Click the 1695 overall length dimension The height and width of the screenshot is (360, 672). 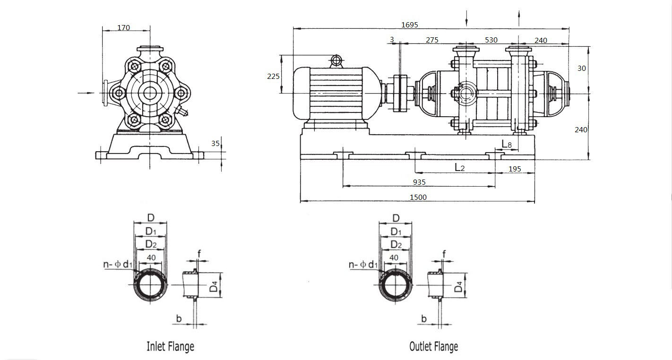click(410, 25)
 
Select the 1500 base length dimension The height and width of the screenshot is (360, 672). click(418, 197)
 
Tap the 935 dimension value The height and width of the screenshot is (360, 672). click(419, 182)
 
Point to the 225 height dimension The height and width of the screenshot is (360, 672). click(273, 77)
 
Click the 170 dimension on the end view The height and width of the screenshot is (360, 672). click(124, 28)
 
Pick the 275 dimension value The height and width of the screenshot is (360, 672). click(432, 40)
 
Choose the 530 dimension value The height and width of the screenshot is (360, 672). click(491, 40)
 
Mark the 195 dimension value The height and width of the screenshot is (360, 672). click(515, 169)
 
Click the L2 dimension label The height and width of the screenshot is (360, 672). click(460, 167)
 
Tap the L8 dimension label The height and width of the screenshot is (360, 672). click(507, 145)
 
